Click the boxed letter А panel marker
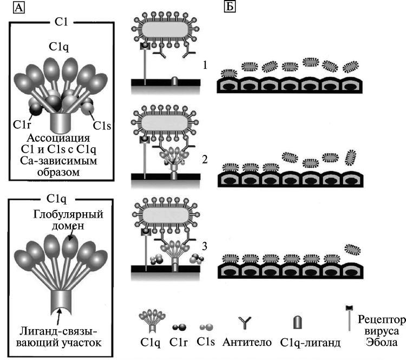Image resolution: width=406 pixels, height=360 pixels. click(18, 7)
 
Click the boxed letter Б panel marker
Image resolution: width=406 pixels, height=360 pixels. click(230, 6)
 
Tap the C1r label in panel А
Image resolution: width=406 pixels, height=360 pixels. click(22, 125)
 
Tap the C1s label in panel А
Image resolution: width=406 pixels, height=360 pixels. click(102, 126)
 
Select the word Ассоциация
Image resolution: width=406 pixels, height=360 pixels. click(58, 138)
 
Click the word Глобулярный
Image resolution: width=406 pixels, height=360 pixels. click(68, 214)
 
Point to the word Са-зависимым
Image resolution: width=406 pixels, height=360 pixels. click(58, 161)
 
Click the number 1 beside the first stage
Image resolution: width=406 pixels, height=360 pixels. click(205, 65)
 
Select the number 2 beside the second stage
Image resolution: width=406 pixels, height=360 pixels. click(205, 160)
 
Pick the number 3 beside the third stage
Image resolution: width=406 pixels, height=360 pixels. click(205, 246)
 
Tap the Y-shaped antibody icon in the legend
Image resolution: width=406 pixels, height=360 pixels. click(245, 323)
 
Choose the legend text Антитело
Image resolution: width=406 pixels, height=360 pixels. click(247, 342)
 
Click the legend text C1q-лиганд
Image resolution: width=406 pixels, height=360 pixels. click(310, 343)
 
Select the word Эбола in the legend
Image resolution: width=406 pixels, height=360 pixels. click(382, 342)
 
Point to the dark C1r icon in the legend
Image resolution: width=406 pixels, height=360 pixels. click(179, 327)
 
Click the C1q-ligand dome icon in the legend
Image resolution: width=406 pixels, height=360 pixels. click(298, 322)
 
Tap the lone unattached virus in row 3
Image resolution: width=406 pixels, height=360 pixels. click(352, 250)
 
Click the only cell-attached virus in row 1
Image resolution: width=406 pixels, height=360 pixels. click(229, 74)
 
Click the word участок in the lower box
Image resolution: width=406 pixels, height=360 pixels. click(82, 343)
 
